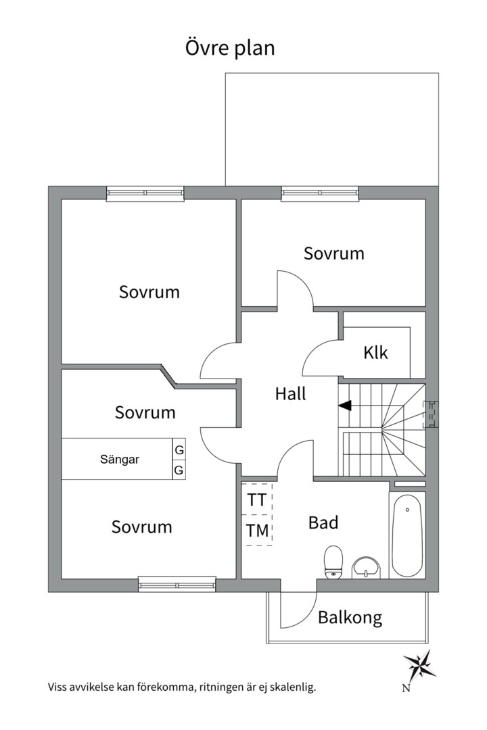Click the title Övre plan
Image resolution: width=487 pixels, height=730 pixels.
click(230, 49)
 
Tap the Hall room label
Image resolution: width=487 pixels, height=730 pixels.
click(290, 394)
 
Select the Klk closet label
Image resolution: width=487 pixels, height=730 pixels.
click(375, 352)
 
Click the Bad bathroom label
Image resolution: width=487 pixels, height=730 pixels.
click(323, 522)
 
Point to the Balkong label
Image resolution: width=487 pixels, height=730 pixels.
click(350, 618)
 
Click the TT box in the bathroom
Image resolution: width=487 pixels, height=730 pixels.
click(257, 500)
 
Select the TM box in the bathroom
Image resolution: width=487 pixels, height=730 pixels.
click(257, 531)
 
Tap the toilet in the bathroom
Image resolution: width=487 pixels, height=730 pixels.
click(333, 562)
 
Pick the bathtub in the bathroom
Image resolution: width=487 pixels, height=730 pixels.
click(407, 536)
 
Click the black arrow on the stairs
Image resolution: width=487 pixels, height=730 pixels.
click(345, 406)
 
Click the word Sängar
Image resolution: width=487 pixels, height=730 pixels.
click(120, 460)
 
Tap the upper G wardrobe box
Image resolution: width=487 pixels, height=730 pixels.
click(179, 450)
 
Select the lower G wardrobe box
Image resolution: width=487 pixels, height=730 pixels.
click(179, 470)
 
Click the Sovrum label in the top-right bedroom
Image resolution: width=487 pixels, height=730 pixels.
click(333, 253)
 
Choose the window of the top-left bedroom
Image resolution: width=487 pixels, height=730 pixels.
click(145, 193)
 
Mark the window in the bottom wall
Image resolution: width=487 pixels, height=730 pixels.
click(177, 584)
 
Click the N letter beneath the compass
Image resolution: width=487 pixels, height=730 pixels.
click(405, 689)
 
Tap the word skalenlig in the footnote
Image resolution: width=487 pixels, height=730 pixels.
click(294, 687)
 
